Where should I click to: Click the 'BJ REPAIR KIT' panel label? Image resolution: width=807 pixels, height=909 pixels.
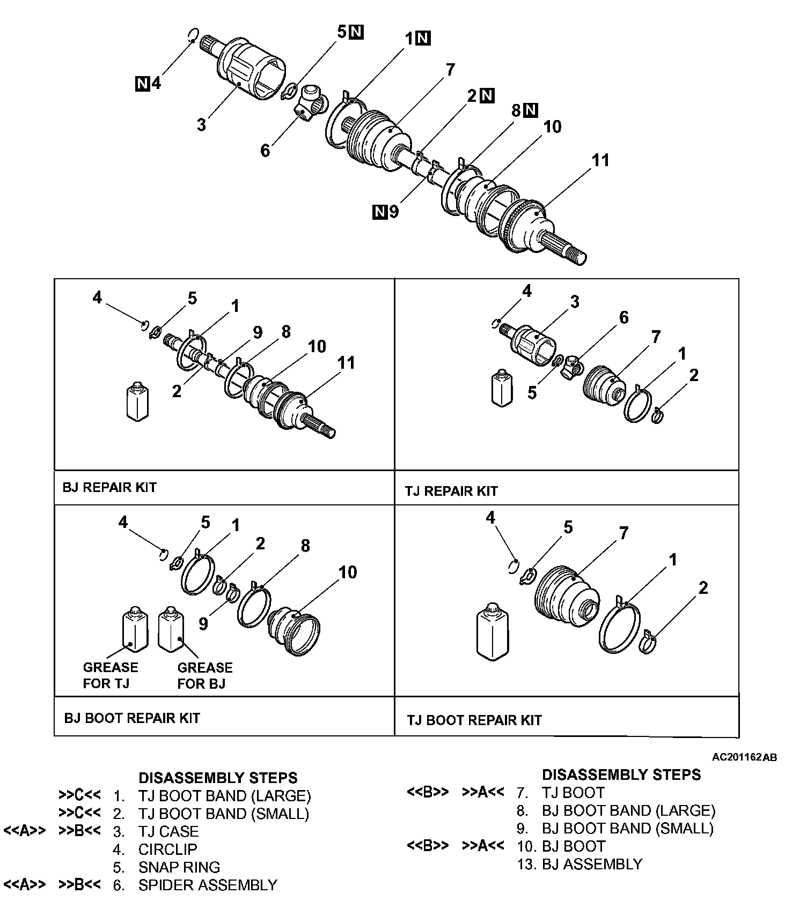(x=109, y=488)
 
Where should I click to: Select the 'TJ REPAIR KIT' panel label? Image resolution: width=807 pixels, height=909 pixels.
(x=451, y=491)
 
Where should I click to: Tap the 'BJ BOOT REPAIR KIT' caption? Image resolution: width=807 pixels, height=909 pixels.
(x=132, y=718)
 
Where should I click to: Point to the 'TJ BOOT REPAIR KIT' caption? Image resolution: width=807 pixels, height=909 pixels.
(x=474, y=720)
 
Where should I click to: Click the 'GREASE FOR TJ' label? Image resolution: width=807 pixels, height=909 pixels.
(x=111, y=675)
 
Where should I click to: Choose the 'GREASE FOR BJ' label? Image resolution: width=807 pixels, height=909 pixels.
(x=205, y=675)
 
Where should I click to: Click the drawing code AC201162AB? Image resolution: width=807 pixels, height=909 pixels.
(x=744, y=757)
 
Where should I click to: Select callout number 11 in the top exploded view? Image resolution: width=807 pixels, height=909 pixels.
(x=600, y=160)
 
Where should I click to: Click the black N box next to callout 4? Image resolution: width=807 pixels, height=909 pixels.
(x=142, y=84)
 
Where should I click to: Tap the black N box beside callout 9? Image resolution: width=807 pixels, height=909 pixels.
(x=379, y=212)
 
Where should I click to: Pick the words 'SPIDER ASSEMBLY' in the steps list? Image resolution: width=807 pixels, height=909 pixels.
(x=208, y=885)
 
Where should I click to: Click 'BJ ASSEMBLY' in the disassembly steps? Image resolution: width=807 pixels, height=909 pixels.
(x=592, y=864)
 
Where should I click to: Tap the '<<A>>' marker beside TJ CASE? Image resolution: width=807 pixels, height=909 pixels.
(x=25, y=831)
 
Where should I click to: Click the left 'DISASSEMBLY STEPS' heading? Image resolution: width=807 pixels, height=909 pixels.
(x=218, y=778)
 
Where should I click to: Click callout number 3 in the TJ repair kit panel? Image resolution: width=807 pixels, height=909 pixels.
(x=575, y=302)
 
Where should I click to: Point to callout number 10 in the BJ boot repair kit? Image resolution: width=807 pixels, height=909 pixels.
(x=348, y=572)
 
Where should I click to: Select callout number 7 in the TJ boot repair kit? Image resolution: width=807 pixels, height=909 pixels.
(x=623, y=533)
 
